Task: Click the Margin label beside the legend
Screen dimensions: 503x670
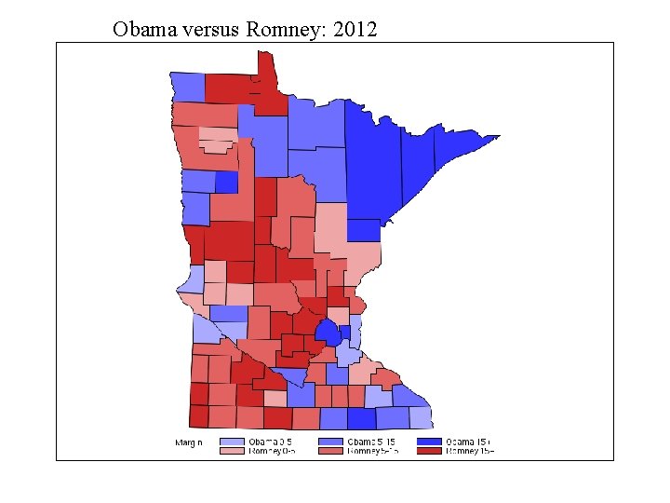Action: pos(189,442)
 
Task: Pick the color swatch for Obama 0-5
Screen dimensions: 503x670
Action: pos(232,441)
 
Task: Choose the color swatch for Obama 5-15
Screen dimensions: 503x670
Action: pos(330,441)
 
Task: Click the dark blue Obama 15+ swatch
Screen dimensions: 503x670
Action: pos(429,441)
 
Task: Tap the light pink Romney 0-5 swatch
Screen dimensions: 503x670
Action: pos(232,451)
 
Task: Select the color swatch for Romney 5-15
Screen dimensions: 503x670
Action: pos(330,451)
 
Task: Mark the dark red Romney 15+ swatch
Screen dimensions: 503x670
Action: pos(429,451)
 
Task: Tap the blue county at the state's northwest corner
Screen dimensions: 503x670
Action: pos(187,87)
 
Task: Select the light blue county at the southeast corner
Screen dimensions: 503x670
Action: pos(420,416)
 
